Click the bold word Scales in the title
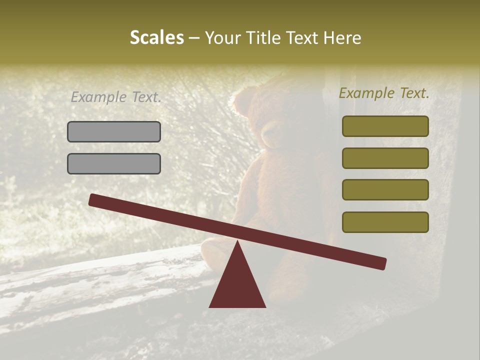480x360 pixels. (x=156, y=37)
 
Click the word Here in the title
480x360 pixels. (x=342, y=37)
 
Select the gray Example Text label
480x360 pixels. (x=116, y=97)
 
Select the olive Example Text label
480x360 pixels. (x=384, y=93)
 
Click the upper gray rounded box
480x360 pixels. (x=114, y=131)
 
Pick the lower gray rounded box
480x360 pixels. (x=114, y=163)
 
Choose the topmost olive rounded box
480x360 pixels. (x=385, y=126)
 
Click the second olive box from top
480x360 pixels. (x=385, y=158)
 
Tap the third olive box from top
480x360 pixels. (x=385, y=190)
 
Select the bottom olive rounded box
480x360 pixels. (x=385, y=222)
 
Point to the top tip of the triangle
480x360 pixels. (x=237, y=242)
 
